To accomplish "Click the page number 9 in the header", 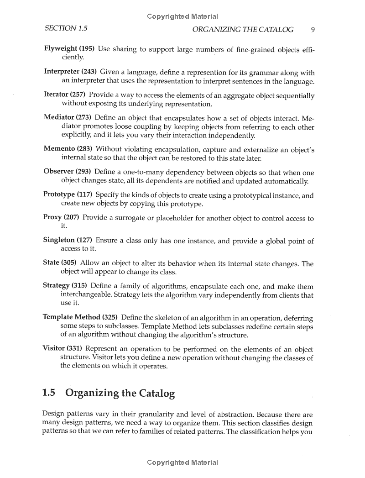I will [x=313, y=30].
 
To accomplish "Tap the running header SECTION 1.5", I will [x=66, y=29].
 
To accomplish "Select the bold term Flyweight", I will [x=60, y=49].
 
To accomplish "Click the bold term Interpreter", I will [x=62, y=72].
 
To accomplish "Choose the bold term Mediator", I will [x=59, y=118].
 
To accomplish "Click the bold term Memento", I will [x=59, y=149].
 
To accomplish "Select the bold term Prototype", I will [x=59, y=195].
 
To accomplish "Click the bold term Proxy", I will [x=52, y=218].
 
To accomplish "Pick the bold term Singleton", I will [x=59, y=240].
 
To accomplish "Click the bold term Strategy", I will [x=56, y=286].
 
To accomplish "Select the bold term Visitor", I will [x=54, y=349].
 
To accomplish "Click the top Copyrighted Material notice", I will [x=182, y=17].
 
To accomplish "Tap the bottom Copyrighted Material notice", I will [x=182, y=462].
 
